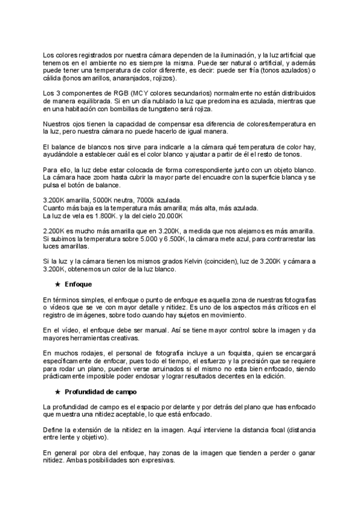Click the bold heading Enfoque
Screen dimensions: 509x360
(x=78, y=283)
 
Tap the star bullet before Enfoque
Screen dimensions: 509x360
(x=56, y=283)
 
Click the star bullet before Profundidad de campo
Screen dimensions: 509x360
(x=56, y=392)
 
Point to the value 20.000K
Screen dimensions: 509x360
(x=167, y=215)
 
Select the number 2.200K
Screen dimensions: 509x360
(x=56, y=231)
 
